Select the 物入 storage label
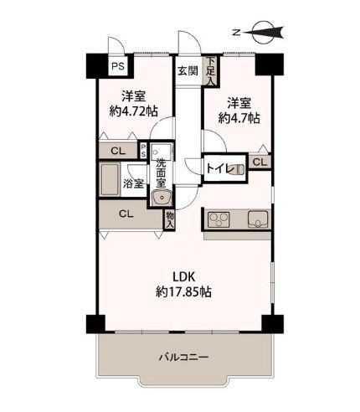[x=169, y=219]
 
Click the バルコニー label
[x=183, y=358]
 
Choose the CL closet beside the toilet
[x=260, y=162]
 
